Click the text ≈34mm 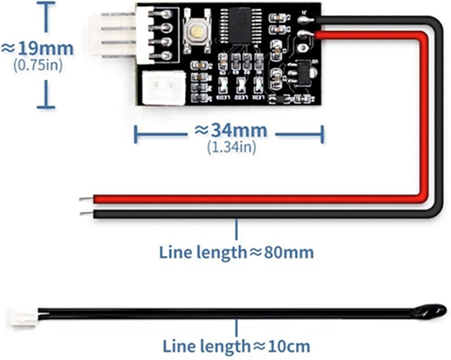click(230, 131)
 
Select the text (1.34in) click(231, 147)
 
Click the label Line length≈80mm click(236, 252)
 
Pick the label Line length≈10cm click(236, 346)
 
